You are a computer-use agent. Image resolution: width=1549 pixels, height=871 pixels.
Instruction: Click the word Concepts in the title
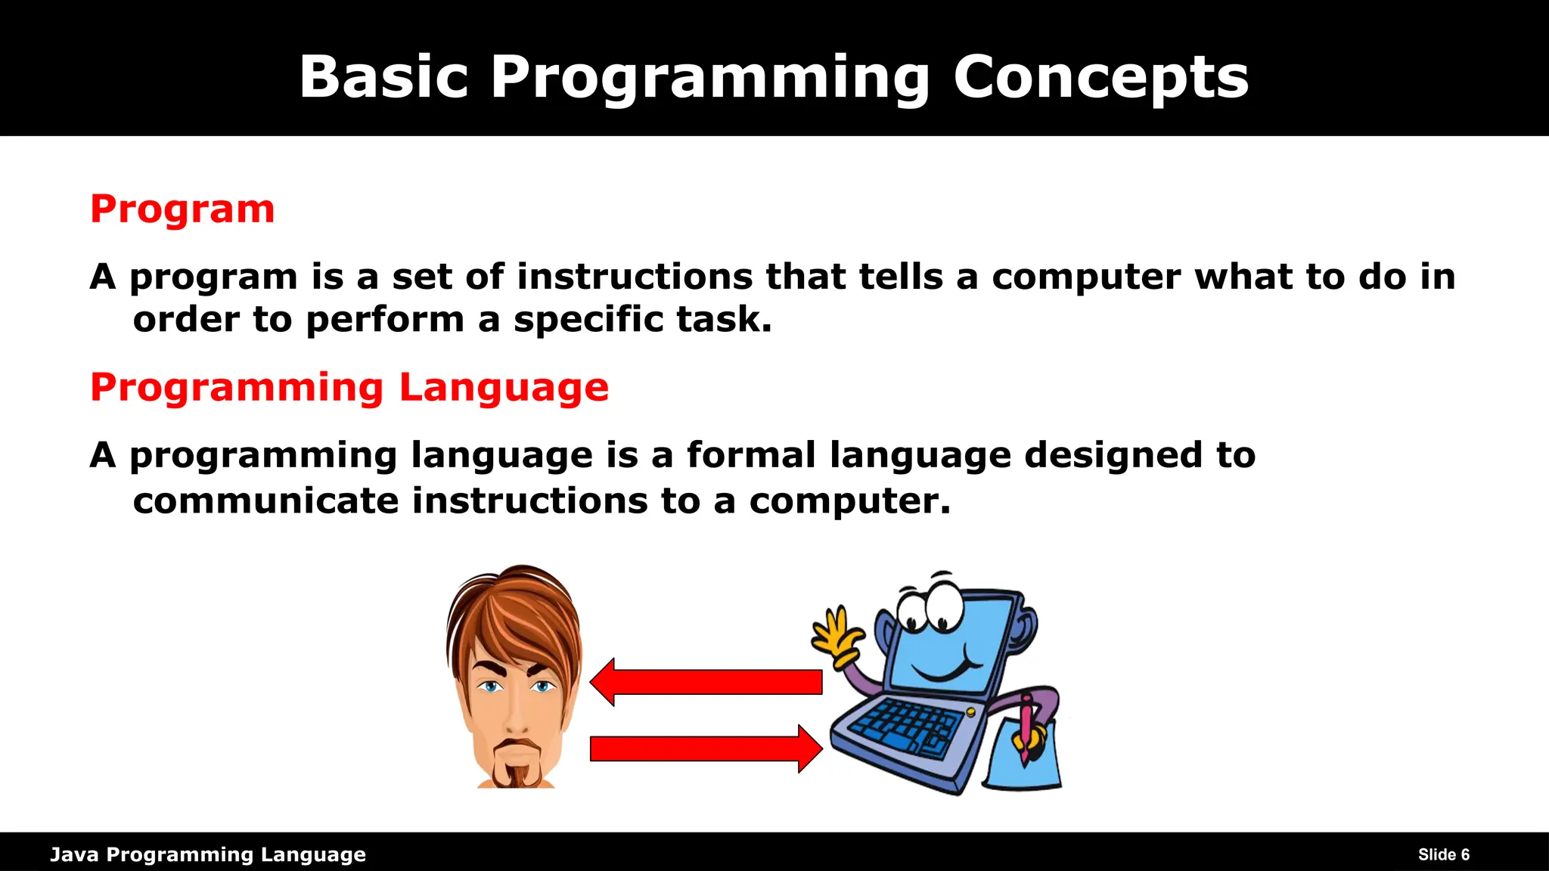[x=1100, y=78]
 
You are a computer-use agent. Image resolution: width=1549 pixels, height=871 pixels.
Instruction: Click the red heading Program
[x=182, y=209]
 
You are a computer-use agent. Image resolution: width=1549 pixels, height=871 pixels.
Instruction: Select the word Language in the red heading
[x=503, y=389]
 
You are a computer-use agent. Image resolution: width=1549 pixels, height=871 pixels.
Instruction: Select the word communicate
[x=265, y=501]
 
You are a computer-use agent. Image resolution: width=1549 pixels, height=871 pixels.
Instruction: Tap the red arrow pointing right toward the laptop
[x=707, y=749]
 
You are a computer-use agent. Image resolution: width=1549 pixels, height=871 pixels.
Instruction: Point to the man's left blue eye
[x=491, y=687]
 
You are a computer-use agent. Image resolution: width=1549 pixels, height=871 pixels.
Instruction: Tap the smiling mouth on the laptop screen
[x=945, y=669]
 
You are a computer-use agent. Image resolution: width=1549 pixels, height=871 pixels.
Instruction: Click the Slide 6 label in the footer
[x=1443, y=854]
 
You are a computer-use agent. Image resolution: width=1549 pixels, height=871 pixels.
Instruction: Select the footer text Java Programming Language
[x=208, y=854]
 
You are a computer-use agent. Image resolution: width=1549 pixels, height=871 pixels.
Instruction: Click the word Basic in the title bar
[x=384, y=78]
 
